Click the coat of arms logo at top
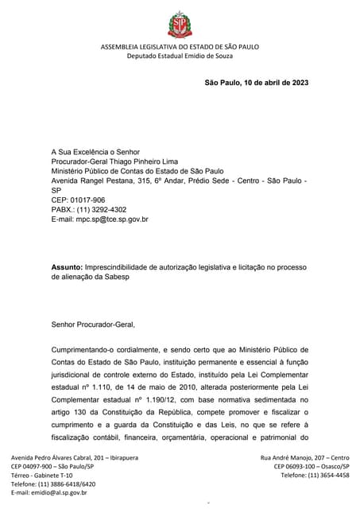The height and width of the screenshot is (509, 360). [180, 25]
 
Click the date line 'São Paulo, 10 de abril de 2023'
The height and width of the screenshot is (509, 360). [257, 83]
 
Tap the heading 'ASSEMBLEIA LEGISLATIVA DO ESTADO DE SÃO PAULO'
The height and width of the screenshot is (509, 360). [180, 49]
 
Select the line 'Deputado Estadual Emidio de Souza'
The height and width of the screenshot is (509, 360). [180, 57]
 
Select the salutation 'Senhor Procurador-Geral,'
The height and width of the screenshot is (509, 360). [93, 324]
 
